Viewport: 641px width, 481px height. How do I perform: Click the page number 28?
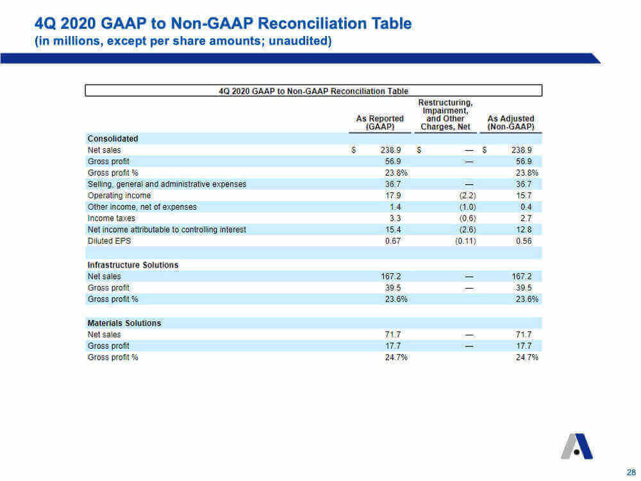tap(631, 471)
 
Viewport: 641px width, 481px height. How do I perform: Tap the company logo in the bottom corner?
tap(577, 446)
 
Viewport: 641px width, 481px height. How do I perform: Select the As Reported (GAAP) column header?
tap(379, 122)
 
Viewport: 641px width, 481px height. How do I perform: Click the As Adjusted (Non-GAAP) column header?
tap(511, 122)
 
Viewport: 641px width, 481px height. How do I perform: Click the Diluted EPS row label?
tap(109, 241)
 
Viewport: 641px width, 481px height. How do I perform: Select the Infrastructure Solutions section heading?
tap(133, 265)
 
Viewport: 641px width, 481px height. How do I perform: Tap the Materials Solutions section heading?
tap(124, 323)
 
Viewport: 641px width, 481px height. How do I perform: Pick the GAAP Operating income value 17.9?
tap(393, 196)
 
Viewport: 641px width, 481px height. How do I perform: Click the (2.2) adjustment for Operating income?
tap(468, 196)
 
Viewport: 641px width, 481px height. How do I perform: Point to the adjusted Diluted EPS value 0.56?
tap(524, 241)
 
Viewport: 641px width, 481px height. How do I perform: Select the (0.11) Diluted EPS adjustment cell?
tap(465, 241)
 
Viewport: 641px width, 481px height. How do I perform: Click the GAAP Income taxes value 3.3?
tap(395, 219)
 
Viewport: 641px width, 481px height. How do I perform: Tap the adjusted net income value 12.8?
tap(524, 230)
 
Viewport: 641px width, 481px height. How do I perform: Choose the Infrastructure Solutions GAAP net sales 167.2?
tap(391, 276)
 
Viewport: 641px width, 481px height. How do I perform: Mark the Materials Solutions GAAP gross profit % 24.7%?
tap(396, 357)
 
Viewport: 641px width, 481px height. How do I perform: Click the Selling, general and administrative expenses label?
tap(167, 184)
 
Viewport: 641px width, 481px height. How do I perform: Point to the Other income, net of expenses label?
tap(142, 207)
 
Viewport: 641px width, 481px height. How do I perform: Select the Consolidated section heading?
tap(113, 139)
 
